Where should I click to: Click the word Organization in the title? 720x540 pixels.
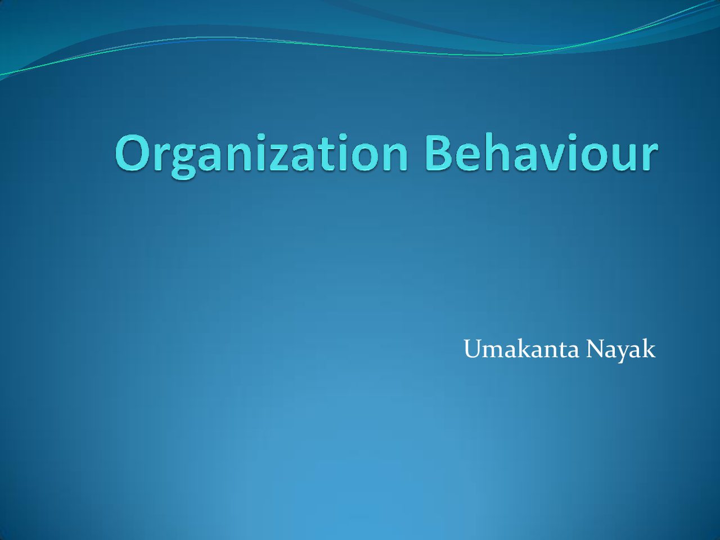[x=262, y=155]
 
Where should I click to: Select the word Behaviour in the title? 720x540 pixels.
[x=542, y=152]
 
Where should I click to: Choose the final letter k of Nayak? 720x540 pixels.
[x=649, y=349]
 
